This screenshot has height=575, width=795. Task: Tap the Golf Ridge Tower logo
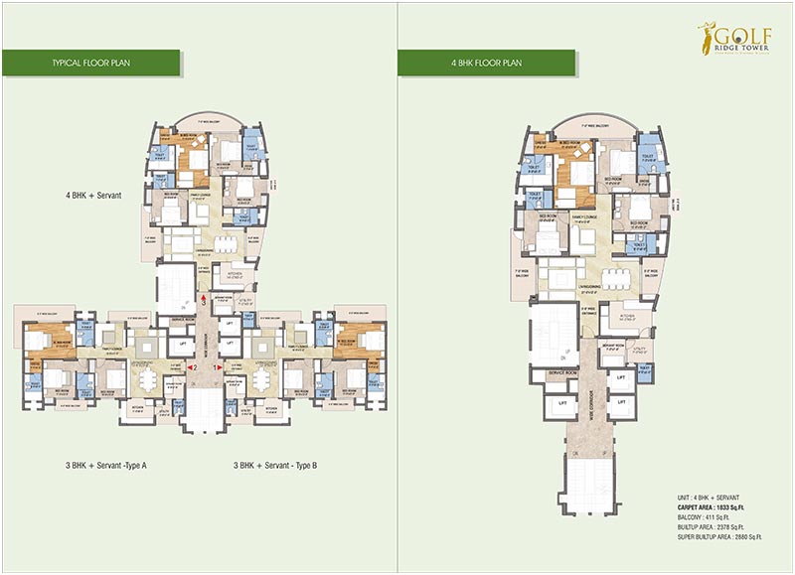tap(733, 40)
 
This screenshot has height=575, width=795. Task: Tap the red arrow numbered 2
tap(197, 367)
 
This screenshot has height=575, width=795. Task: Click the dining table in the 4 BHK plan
tap(614, 279)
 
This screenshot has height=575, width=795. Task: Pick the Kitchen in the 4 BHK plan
tap(628, 319)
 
